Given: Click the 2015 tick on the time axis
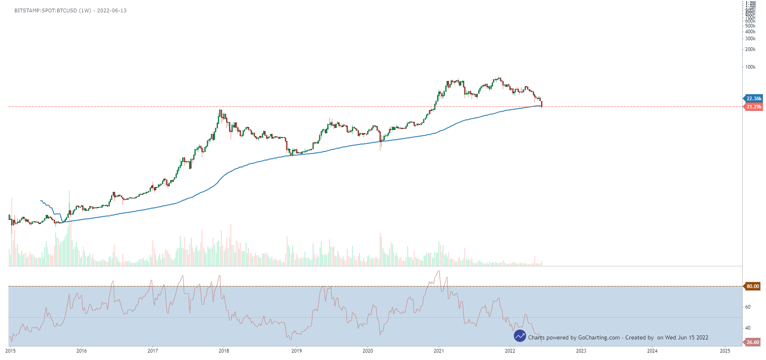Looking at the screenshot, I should [11, 351].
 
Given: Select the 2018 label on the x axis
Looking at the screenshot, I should [224, 351].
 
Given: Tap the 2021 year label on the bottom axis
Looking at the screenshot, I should [439, 351].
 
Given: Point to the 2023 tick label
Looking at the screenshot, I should [581, 351].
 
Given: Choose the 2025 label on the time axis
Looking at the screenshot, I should [725, 351].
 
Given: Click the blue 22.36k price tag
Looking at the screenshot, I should [754, 99].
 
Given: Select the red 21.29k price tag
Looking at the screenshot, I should [754, 107].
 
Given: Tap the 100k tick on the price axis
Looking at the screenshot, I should [750, 67].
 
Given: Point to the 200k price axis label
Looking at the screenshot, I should [750, 49].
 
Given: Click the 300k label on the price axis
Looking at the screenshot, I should [750, 39].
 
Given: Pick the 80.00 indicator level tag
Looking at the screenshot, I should [752, 286].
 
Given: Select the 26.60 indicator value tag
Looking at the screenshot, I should [752, 342].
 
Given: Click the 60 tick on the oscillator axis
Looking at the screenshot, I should [747, 307].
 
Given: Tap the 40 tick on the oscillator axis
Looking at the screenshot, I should [747, 328].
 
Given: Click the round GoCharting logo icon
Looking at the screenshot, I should [520, 336].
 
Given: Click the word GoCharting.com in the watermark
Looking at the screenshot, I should [599, 338].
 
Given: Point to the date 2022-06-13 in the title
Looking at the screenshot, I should [112, 11].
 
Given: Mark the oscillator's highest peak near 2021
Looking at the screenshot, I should [439, 271].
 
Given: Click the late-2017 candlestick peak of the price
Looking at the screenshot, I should [220, 110].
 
